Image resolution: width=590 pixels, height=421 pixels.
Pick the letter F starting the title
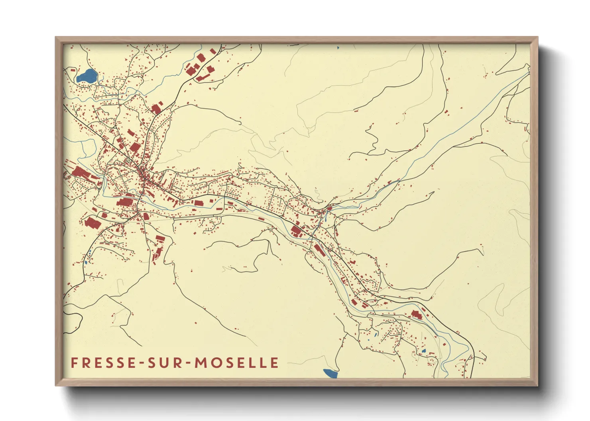[74, 363]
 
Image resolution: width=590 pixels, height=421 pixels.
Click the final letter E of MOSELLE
[274, 363]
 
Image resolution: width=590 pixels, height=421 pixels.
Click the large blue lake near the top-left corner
[87, 76]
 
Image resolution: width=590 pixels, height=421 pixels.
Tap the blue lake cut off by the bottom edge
[330, 374]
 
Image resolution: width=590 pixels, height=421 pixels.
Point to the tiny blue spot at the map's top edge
[338, 48]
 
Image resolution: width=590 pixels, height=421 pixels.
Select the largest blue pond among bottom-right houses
[424, 351]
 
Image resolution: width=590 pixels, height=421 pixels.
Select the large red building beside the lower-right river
[416, 315]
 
